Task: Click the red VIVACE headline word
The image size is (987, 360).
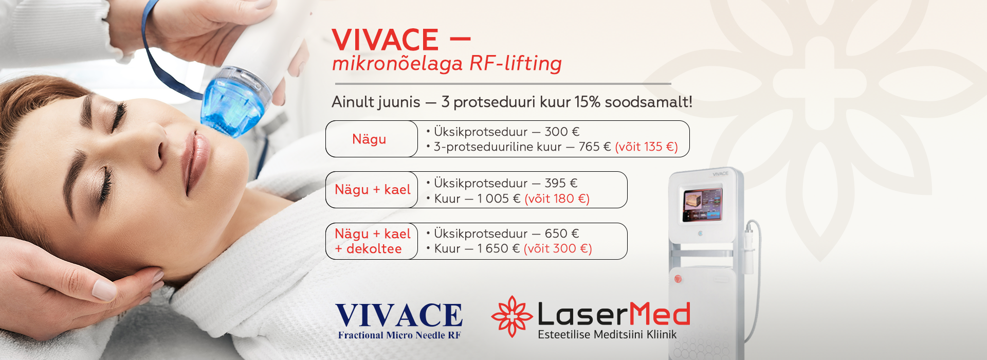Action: (385, 40)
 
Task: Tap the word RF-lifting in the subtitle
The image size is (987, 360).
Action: (516, 63)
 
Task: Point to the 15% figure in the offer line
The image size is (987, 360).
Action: (588, 102)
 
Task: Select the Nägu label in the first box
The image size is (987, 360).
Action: (369, 139)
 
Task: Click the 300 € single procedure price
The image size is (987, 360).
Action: (562, 132)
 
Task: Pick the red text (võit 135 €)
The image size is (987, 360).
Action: (646, 147)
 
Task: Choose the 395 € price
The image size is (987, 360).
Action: (561, 183)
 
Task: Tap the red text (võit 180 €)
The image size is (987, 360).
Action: (557, 199)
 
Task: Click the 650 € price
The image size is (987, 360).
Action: (562, 233)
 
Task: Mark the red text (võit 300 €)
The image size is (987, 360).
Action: (558, 249)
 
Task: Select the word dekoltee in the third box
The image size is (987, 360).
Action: (374, 249)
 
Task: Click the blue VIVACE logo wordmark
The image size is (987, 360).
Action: (399, 315)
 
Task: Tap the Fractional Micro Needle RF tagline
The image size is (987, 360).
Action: (399, 335)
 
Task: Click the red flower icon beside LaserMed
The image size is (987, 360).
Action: (511, 316)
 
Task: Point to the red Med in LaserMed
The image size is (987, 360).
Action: (660, 314)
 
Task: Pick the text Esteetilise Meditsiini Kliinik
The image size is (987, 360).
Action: (607, 334)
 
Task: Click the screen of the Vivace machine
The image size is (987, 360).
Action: (703, 204)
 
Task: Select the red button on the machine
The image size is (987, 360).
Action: (678, 279)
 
